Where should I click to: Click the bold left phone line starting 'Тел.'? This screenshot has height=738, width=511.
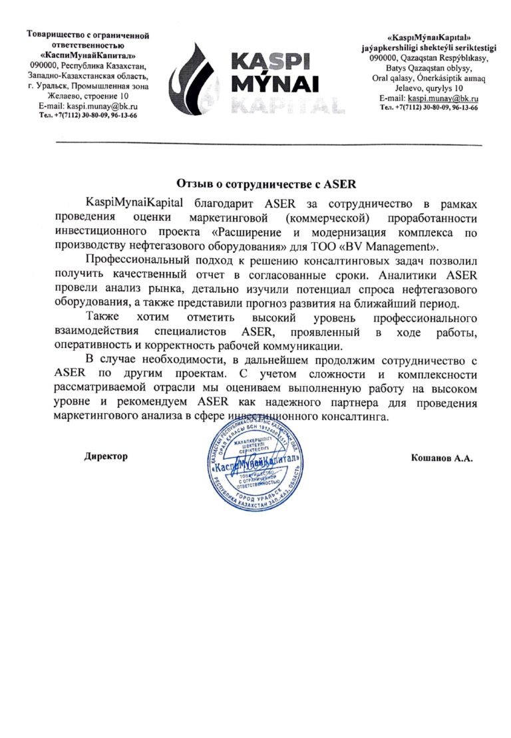pyautogui.click(x=88, y=115)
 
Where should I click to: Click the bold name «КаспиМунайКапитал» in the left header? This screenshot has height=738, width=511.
pyautogui.click(x=88, y=55)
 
